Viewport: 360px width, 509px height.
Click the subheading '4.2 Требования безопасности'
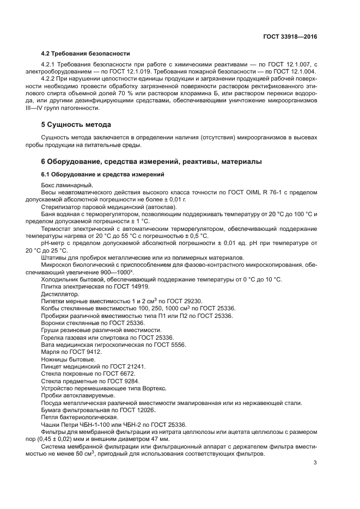(86, 53)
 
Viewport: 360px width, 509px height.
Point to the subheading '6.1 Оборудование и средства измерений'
(103, 174)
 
